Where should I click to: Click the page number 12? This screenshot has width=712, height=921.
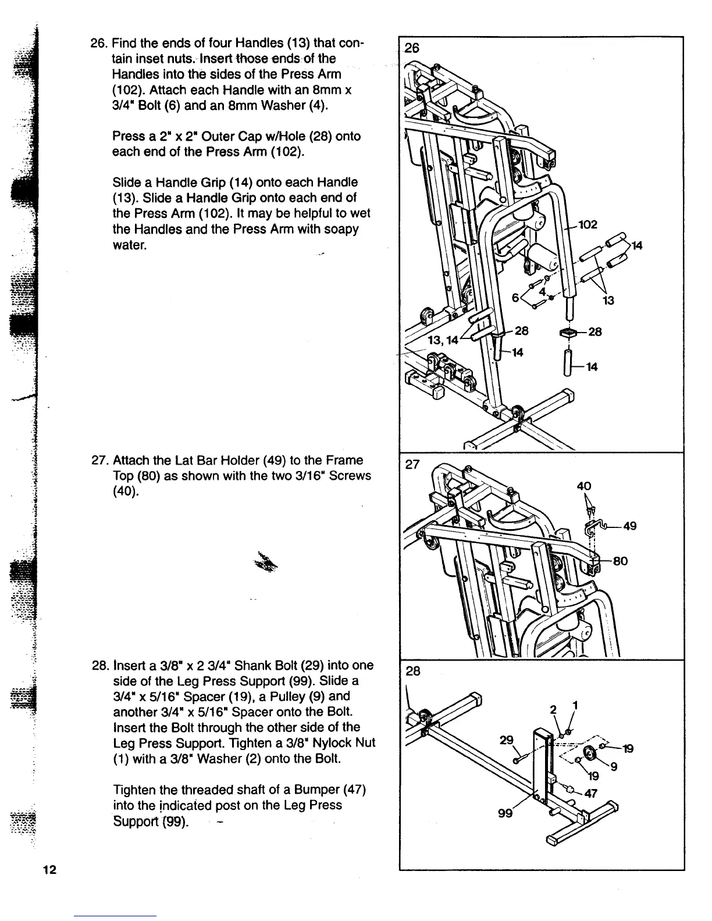(x=49, y=870)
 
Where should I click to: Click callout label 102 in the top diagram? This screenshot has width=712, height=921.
(x=589, y=224)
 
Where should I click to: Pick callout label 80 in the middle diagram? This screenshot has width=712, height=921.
(x=620, y=561)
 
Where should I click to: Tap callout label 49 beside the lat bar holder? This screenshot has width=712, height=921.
(x=629, y=526)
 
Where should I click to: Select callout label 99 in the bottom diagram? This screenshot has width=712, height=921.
(x=505, y=812)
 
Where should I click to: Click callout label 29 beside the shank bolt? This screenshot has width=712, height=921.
(x=507, y=740)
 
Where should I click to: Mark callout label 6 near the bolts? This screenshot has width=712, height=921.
(x=515, y=297)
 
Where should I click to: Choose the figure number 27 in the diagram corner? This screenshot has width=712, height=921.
(x=411, y=465)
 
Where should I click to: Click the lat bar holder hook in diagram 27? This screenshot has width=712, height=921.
(x=598, y=527)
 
